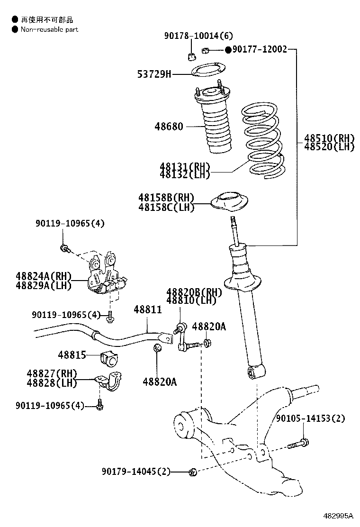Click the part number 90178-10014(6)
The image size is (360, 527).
point(192,36)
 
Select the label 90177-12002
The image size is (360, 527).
point(259,49)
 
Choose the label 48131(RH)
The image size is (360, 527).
point(184,166)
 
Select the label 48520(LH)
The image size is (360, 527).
point(329,146)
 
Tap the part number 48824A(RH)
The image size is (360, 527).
point(43,276)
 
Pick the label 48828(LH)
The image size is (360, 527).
point(52,382)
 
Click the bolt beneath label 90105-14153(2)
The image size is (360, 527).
point(298,444)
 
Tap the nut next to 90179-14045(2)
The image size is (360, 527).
point(192,472)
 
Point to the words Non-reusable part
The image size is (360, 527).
point(49,29)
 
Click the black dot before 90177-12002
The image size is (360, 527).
point(227,49)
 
